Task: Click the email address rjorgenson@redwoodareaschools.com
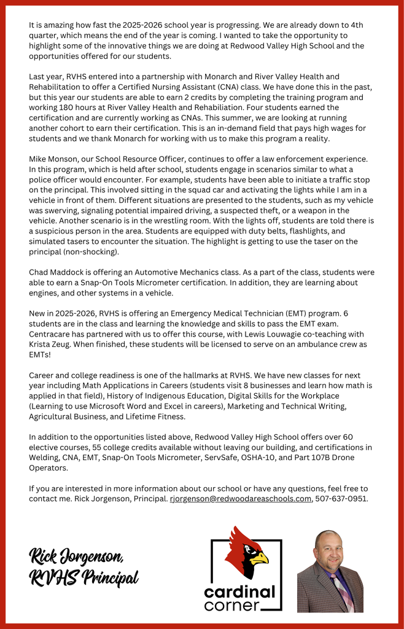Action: pos(241,499)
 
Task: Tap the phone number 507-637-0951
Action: pos(342,499)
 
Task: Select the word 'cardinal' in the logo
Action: pos(240,592)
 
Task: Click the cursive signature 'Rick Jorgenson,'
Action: pos(77,557)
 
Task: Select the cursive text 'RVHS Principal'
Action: pos(84,578)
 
